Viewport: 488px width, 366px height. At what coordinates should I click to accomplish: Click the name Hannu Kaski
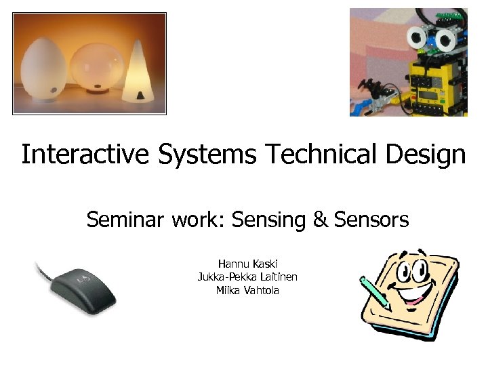(247, 263)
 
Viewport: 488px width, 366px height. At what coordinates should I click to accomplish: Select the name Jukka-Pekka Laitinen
(247, 277)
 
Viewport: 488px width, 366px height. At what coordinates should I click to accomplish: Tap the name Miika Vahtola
(247, 290)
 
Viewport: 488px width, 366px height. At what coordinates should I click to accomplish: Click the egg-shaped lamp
(43, 66)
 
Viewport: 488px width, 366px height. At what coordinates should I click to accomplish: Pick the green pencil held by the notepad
(375, 293)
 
